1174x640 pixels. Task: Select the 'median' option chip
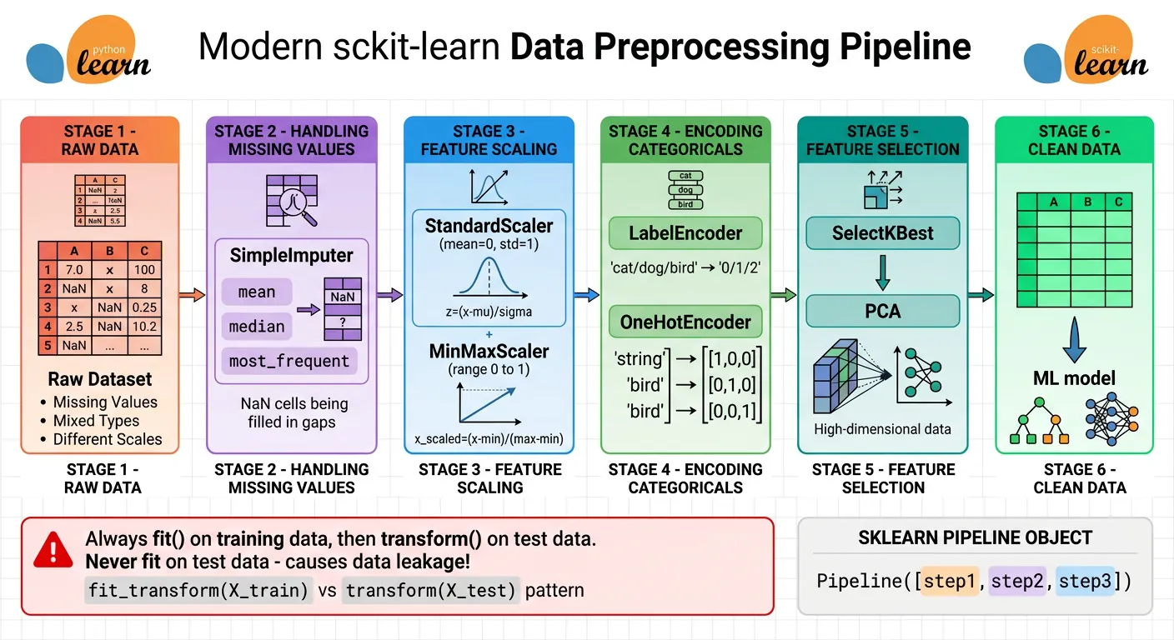[x=257, y=327]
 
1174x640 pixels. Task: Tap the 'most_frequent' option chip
[x=289, y=361]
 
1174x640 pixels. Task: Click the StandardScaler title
[x=489, y=226]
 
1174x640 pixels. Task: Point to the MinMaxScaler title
[x=489, y=351]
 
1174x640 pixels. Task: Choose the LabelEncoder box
[x=685, y=233]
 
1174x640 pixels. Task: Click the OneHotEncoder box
[x=685, y=322]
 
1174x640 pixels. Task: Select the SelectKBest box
[x=883, y=233]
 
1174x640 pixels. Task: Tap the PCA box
[x=883, y=311]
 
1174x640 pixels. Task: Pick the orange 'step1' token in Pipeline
[x=950, y=581]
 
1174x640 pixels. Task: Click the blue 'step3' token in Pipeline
[x=1085, y=581]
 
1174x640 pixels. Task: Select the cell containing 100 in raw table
[x=144, y=270]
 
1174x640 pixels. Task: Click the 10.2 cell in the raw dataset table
[x=144, y=326]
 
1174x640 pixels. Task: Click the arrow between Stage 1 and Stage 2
[x=193, y=295]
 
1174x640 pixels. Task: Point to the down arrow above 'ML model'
[x=1075, y=342]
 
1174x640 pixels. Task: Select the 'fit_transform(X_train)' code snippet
[x=198, y=590]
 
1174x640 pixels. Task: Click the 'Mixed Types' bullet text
[x=96, y=421]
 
